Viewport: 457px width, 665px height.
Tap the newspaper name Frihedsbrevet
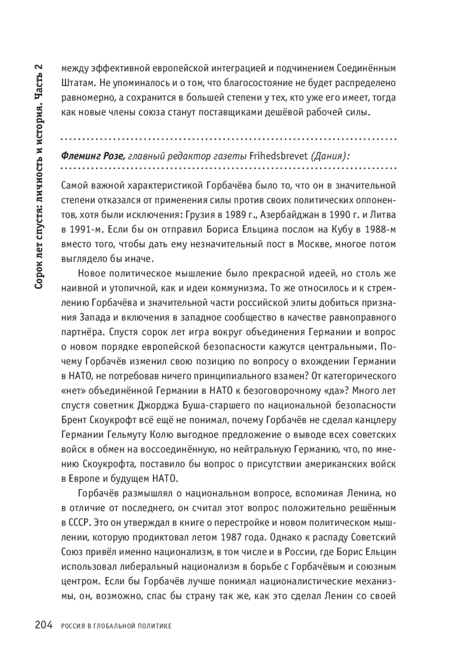coord(278,156)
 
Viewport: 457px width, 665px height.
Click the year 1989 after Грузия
coord(236,215)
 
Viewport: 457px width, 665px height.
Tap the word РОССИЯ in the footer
coord(72,626)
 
